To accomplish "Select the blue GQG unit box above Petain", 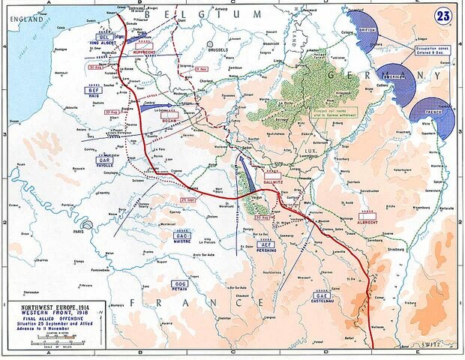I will click(179, 283).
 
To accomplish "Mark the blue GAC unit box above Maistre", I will click(182, 235).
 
